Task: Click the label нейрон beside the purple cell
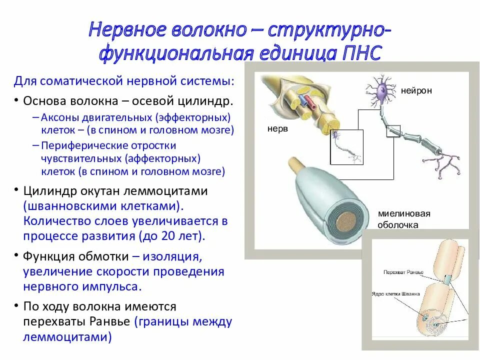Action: click(x=416, y=91)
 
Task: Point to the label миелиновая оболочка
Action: click(x=404, y=219)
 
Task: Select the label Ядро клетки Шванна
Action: click(x=395, y=294)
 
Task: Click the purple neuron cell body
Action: click(x=383, y=91)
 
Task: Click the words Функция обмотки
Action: click(x=75, y=257)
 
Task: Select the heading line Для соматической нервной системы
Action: click(x=122, y=80)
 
